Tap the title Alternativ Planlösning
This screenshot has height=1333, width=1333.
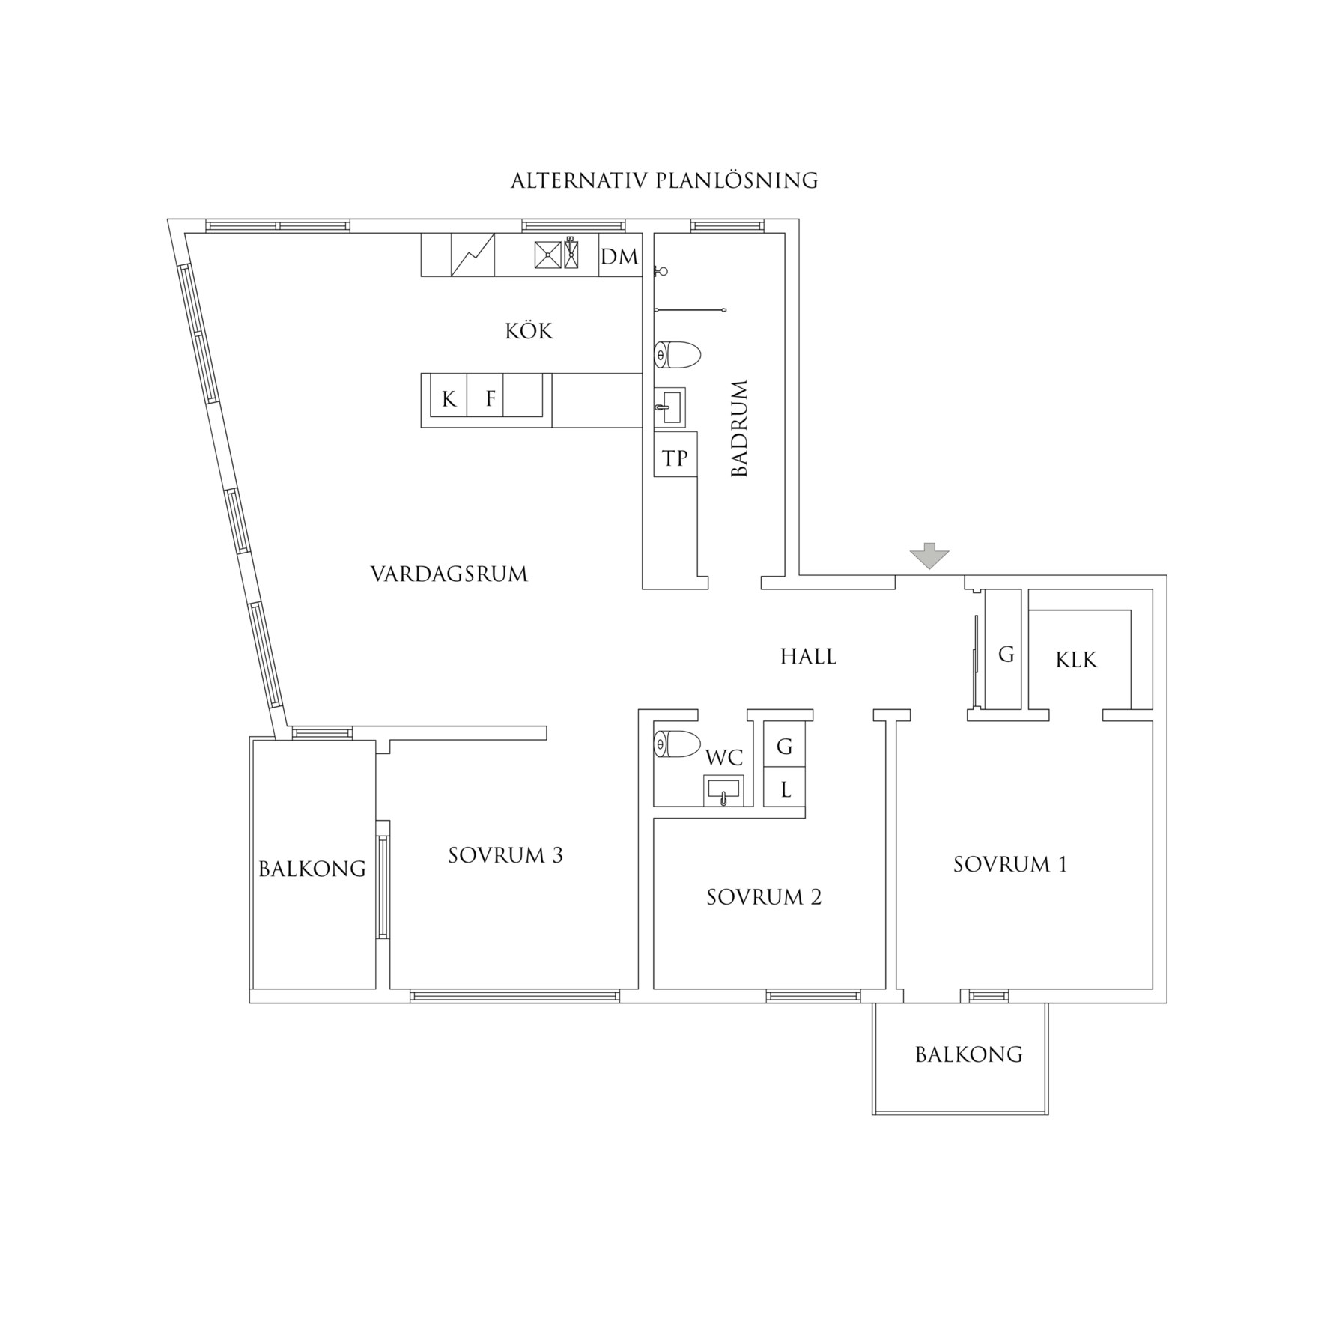tap(664, 181)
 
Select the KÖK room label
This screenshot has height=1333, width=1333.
tap(529, 331)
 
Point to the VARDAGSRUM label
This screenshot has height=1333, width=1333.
tap(449, 574)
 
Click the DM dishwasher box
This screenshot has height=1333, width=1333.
tap(620, 255)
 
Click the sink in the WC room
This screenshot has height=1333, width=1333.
tap(723, 791)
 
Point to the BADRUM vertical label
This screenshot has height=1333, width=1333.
tap(739, 428)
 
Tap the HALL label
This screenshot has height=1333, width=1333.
tap(809, 657)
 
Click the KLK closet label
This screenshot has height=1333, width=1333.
tap(1076, 660)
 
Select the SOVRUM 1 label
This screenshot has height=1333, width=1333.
tap(1010, 865)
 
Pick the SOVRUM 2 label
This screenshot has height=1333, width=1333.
tap(764, 897)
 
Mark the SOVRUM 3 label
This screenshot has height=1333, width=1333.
tap(505, 855)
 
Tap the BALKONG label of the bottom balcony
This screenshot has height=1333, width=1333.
tap(969, 1054)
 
